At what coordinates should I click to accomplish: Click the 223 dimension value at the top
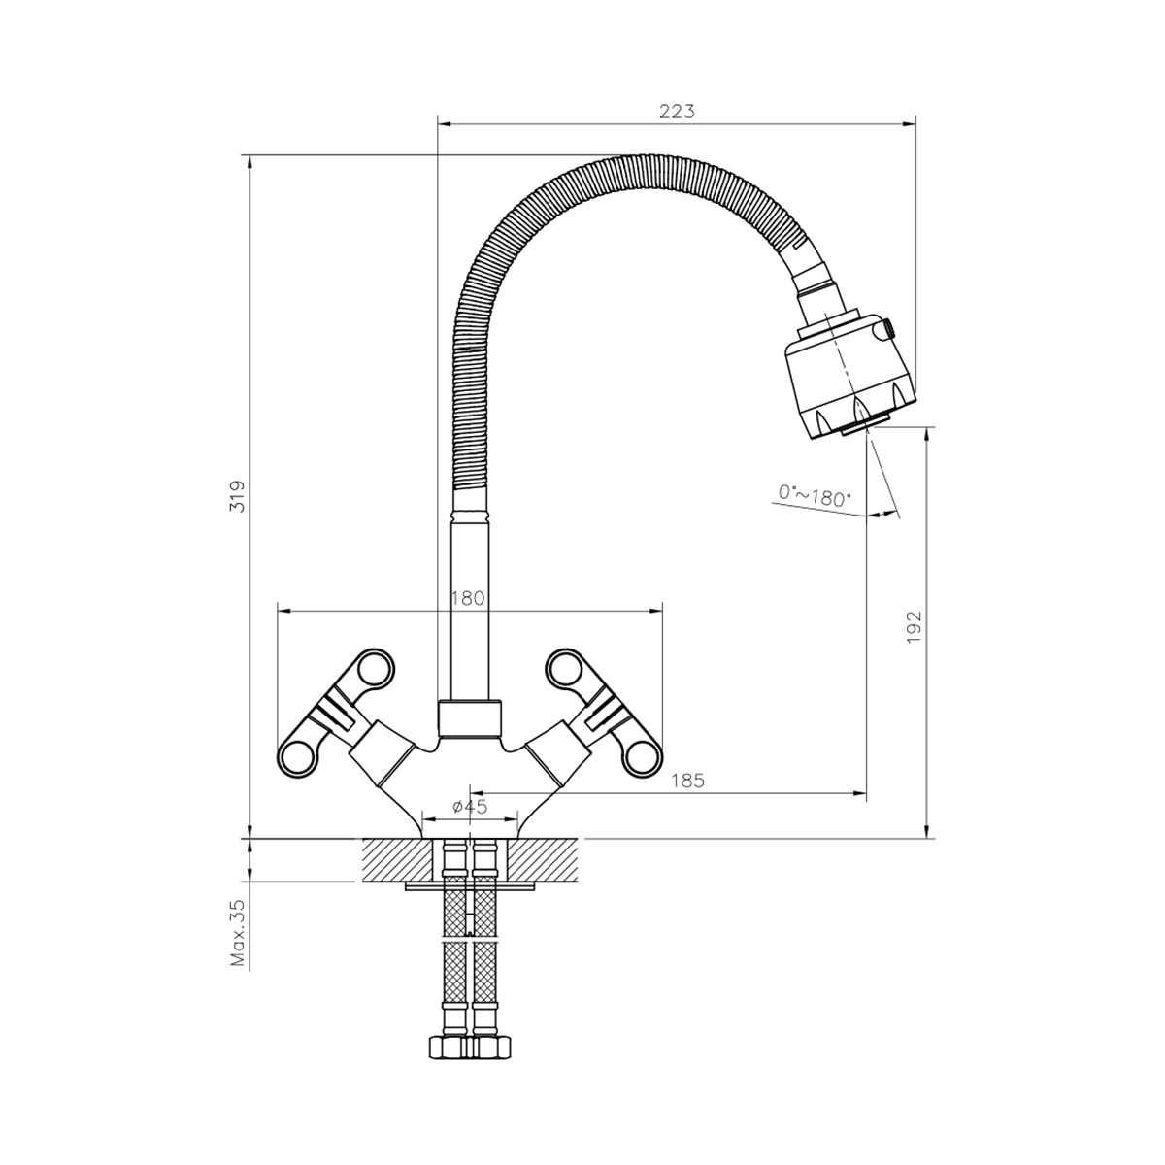click(x=677, y=112)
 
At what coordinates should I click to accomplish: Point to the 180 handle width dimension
click(x=468, y=598)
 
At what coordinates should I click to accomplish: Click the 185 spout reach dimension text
click(x=686, y=781)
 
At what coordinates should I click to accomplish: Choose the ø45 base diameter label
click(x=470, y=807)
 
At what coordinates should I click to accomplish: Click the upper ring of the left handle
click(x=374, y=669)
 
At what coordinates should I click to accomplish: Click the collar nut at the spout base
click(x=471, y=719)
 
